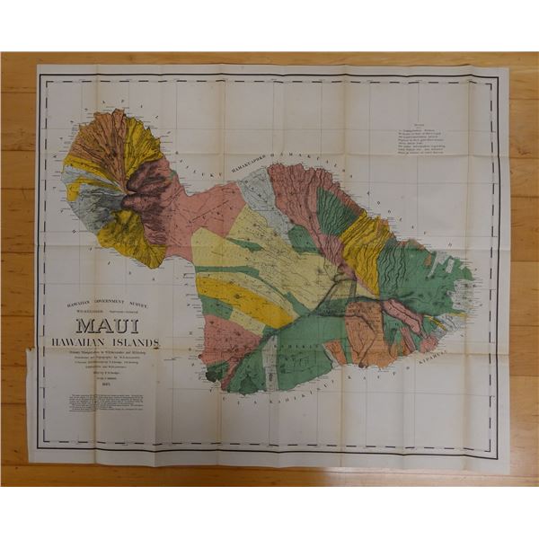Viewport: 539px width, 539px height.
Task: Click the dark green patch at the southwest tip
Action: click(216, 370)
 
